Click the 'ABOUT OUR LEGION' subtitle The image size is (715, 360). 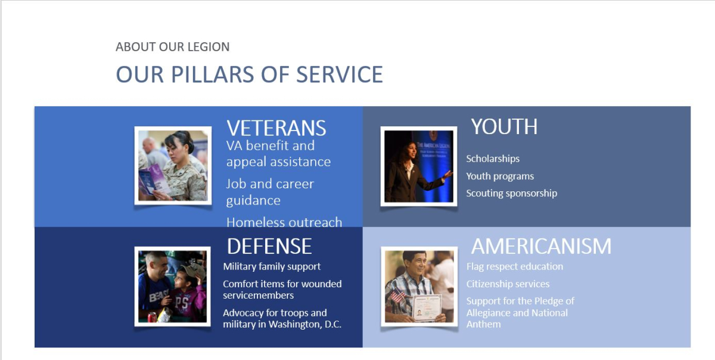pos(172,47)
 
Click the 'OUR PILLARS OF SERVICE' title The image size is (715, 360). pos(249,75)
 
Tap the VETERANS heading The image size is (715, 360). pos(276,128)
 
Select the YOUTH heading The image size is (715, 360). pos(504,127)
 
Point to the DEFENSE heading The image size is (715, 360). pos(269,246)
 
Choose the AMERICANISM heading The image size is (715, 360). pos(541,246)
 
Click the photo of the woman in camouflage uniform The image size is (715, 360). pos(173,166)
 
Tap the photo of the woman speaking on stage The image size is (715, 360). pos(418,166)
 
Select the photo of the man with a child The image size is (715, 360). pos(172,286)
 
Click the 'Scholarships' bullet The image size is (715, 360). pos(493,159)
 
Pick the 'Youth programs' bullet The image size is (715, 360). pos(500,176)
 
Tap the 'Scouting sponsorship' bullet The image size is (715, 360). pos(511,193)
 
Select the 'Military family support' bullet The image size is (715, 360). pos(272,266)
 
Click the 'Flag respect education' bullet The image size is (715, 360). pos(514,266)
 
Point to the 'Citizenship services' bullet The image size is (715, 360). pos(508,284)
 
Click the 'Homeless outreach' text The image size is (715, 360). pos(284,222)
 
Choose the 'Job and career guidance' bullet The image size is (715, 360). pos(270,192)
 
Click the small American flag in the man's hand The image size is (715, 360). pos(397,295)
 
